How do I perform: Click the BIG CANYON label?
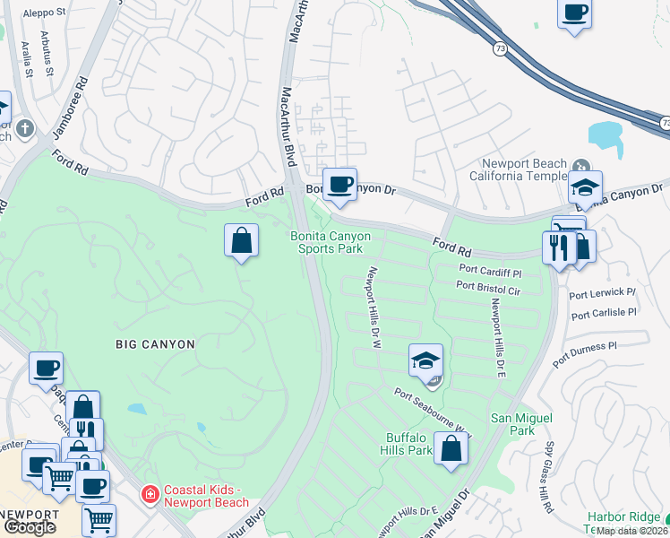point(154,343)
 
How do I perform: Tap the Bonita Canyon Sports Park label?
point(330,242)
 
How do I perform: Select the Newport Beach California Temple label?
point(524,169)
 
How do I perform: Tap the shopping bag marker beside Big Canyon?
point(241,240)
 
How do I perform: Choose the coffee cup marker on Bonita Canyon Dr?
point(339,185)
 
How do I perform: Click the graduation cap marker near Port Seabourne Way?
point(426,360)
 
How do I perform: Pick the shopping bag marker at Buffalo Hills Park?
point(451,447)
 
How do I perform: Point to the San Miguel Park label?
point(521,424)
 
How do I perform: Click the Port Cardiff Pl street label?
point(489,270)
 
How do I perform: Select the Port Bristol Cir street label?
point(487,286)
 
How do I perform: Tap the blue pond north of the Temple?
point(606,136)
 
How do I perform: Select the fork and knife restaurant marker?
point(557,247)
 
